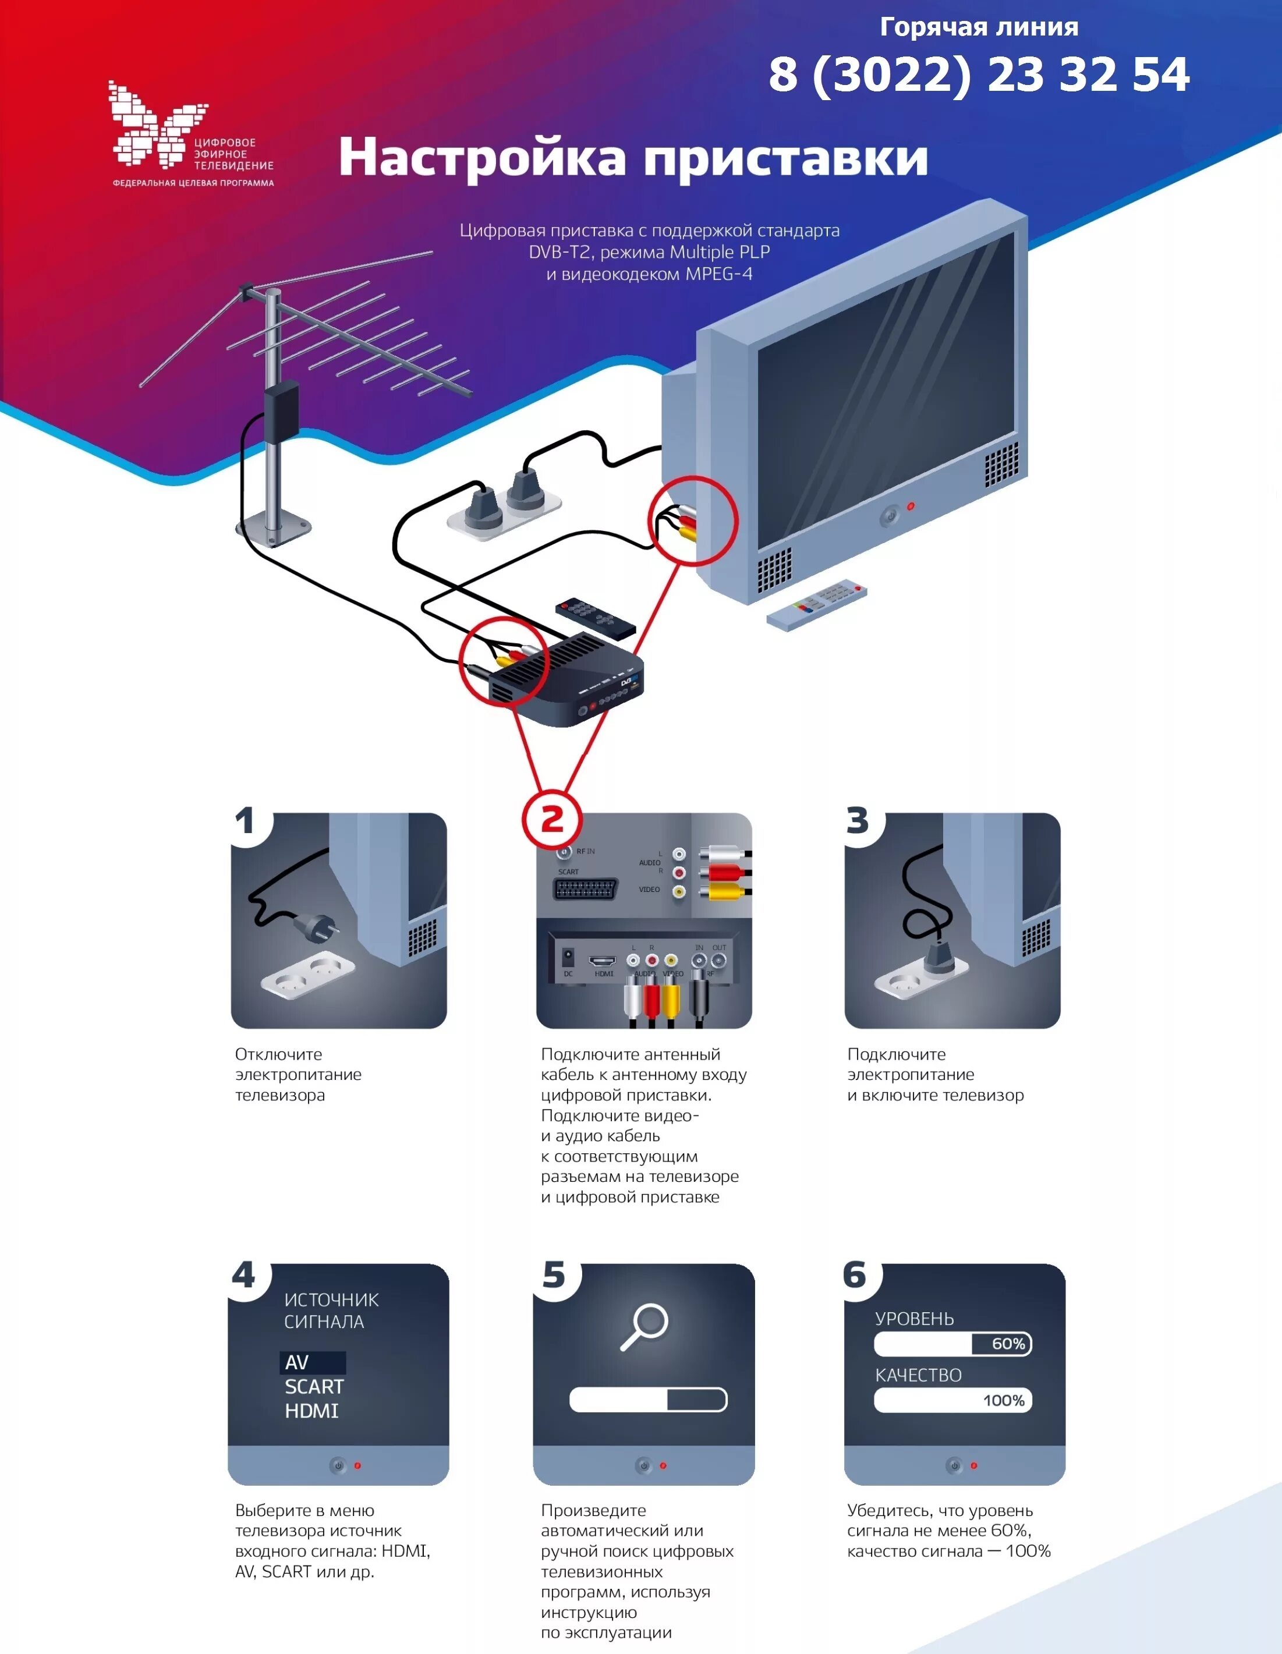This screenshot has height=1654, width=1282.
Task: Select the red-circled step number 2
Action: (x=552, y=819)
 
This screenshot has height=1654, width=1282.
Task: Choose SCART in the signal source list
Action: (x=313, y=1387)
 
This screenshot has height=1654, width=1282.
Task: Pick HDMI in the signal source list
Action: (x=311, y=1411)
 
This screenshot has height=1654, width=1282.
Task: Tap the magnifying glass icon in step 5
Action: (x=644, y=1326)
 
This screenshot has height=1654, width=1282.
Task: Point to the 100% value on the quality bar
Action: (x=1003, y=1400)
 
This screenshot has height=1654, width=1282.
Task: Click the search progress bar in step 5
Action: (x=647, y=1400)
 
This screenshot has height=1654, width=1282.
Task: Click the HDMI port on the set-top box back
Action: (x=603, y=961)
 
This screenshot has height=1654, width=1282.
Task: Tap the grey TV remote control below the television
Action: (x=816, y=604)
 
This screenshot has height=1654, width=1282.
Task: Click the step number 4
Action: (x=244, y=1276)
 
